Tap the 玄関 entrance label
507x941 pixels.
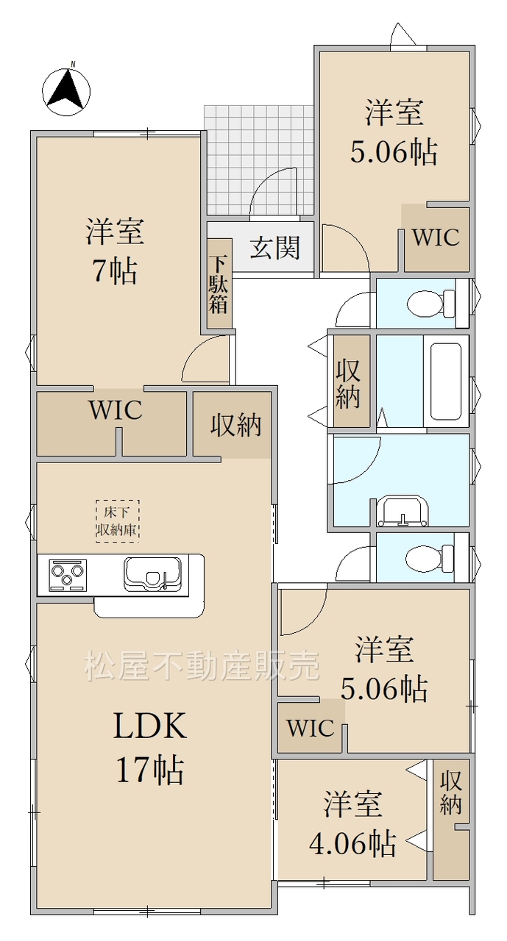(x=275, y=248)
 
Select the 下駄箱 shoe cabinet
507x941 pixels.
(x=219, y=285)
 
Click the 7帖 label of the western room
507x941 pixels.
(x=115, y=271)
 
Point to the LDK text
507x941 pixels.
(x=149, y=726)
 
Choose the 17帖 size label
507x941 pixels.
(x=149, y=770)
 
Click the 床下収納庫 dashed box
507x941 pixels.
(x=117, y=521)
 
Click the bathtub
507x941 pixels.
(x=443, y=381)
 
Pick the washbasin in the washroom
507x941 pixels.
(x=403, y=512)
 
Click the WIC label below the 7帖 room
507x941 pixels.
(x=116, y=409)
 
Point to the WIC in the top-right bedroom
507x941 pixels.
(x=436, y=237)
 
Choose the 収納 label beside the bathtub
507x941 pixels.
(x=347, y=384)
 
